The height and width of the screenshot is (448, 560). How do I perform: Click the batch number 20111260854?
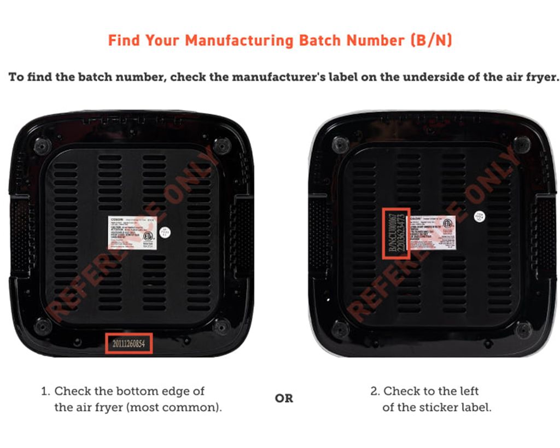tap(129, 344)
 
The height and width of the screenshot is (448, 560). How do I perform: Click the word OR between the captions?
tap(284, 398)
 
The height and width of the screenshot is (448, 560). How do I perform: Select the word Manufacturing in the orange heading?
tap(239, 40)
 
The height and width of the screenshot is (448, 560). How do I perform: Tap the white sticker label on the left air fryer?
tap(131, 232)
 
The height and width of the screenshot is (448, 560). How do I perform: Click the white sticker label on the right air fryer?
tap(432, 232)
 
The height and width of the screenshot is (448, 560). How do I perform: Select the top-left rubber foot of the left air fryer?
tap(42, 146)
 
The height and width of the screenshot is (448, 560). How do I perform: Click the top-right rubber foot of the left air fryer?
tap(221, 146)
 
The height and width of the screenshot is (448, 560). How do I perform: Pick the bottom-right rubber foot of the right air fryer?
tap(523, 329)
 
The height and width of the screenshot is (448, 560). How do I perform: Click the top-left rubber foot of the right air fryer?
tap(340, 145)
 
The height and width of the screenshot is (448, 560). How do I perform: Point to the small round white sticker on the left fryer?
tap(165, 233)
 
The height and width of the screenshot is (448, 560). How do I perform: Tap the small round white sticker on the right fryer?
tap(480, 216)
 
